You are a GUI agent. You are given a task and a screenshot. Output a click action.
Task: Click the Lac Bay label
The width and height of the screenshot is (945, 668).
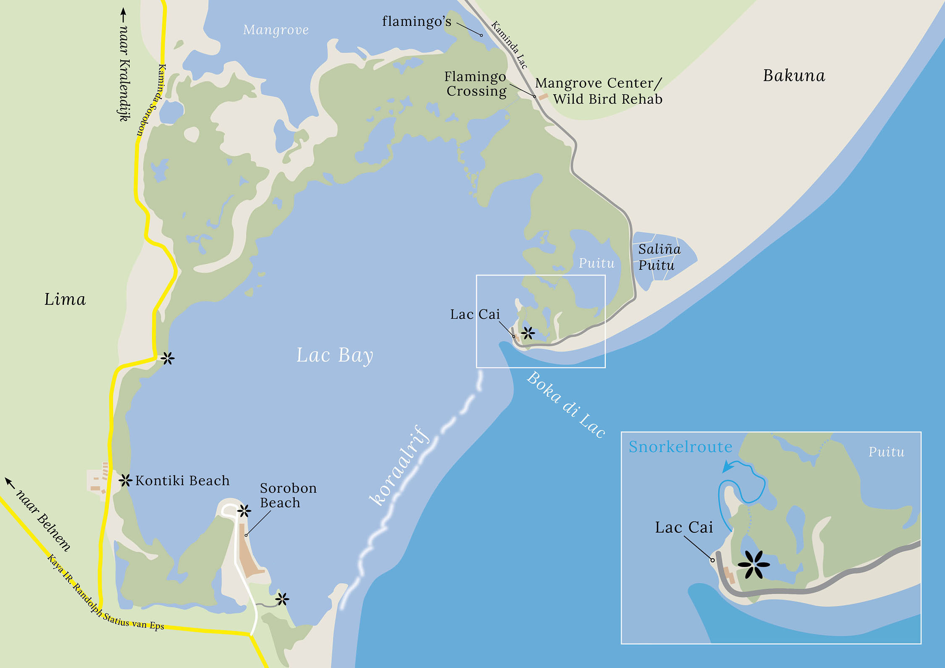[x=334, y=356]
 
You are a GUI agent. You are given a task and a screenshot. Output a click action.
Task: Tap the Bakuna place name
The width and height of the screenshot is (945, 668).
[x=794, y=76]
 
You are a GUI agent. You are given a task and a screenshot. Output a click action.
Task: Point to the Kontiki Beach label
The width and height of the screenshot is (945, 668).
[x=182, y=481]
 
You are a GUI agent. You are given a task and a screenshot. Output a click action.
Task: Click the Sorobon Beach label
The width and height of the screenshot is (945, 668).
[x=288, y=495]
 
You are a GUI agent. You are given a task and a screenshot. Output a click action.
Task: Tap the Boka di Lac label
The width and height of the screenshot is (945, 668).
[x=566, y=405]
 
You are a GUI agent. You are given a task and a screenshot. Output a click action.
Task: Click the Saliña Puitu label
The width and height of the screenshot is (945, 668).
[x=659, y=257]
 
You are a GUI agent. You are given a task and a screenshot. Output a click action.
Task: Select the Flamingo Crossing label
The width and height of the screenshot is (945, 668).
[x=476, y=84]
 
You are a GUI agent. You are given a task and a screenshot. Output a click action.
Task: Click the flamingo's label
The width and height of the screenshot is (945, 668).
[x=416, y=21]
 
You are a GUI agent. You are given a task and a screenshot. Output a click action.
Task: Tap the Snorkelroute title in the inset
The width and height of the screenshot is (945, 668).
[x=680, y=447]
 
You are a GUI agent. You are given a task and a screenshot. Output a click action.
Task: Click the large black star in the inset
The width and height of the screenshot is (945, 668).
[x=753, y=565]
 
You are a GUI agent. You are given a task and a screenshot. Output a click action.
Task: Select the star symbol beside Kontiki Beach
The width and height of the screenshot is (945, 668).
[x=125, y=480]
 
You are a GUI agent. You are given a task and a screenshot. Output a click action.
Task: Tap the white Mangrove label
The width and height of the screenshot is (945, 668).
[x=276, y=30]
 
